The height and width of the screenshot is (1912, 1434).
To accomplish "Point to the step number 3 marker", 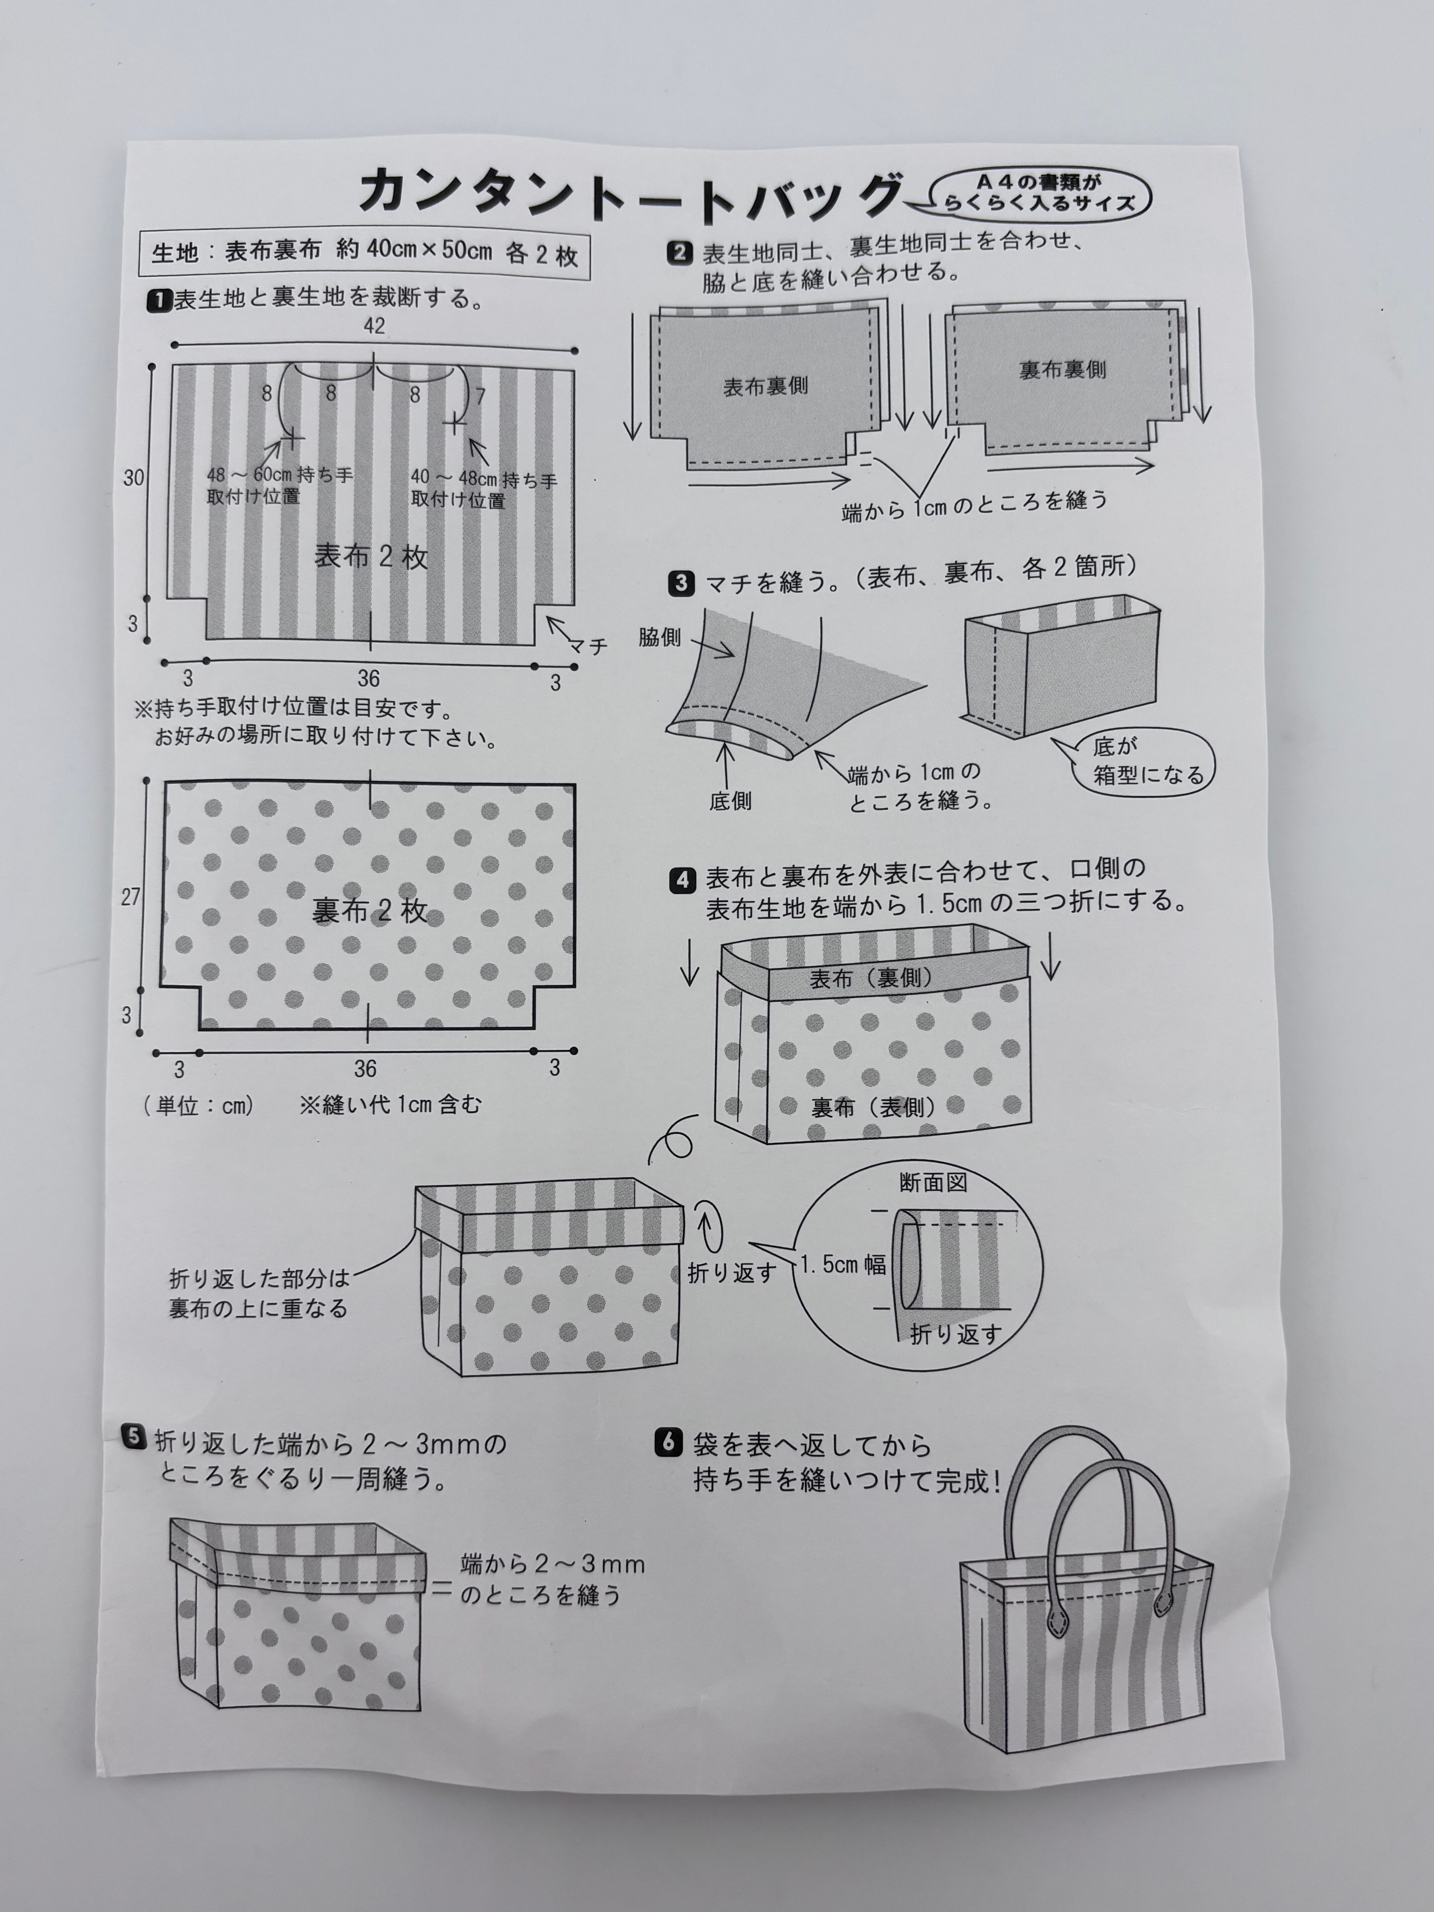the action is [681, 583].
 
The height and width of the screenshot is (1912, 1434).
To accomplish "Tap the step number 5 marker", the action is [135, 1437].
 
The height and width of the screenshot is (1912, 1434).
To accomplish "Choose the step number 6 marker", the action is [668, 1443].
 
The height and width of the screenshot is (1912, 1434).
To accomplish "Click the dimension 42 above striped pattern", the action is [374, 326].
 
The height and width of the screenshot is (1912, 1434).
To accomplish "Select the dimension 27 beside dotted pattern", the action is [131, 897].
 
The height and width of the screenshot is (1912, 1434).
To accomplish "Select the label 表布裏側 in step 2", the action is [766, 386].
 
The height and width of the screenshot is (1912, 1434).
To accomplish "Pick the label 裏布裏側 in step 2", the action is [1062, 370].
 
